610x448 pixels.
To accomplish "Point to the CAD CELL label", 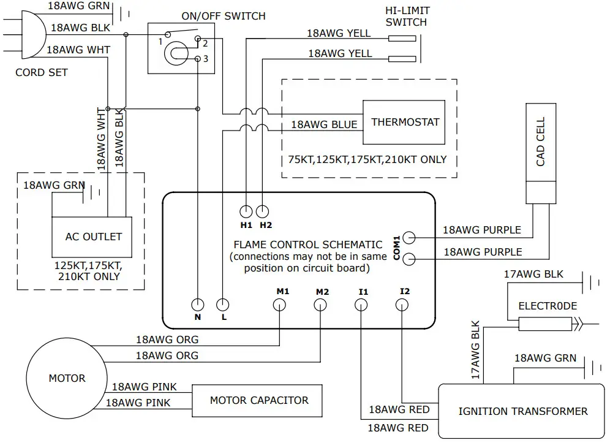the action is click(x=540, y=142).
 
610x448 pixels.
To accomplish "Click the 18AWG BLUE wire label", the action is click(x=324, y=124).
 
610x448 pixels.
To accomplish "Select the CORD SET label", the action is click(x=42, y=72).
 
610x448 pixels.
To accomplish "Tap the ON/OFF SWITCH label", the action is click(x=224, y=16).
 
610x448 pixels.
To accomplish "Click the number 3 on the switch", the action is click(x=206, y=59).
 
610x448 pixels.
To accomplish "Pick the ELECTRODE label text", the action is click(x=548, y=306).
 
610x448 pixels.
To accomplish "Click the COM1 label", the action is click(x=396, y=248).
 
